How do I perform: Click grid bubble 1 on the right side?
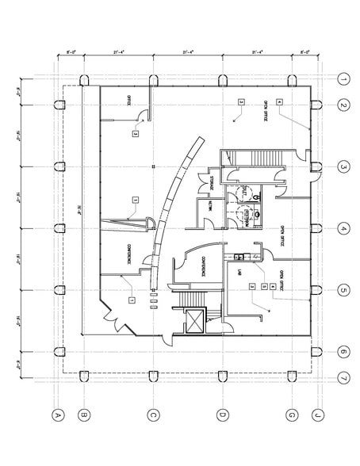[x=343, y=79]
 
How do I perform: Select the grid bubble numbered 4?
[x=343, y=229]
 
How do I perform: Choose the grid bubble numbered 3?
[x=343, y=167]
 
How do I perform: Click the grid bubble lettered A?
[x=57, y=414]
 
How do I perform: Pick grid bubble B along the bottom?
[x=83, y=414]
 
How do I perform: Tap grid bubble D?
[x=223, y=414]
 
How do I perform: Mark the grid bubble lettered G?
[x=293, y=414]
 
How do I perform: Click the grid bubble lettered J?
[x=318, y=414]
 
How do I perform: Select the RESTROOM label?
[x=244, y=192]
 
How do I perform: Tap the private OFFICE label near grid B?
[x=127, y=100]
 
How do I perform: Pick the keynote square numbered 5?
[x=262, y=285]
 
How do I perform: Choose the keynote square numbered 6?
[x=272, y=285]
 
